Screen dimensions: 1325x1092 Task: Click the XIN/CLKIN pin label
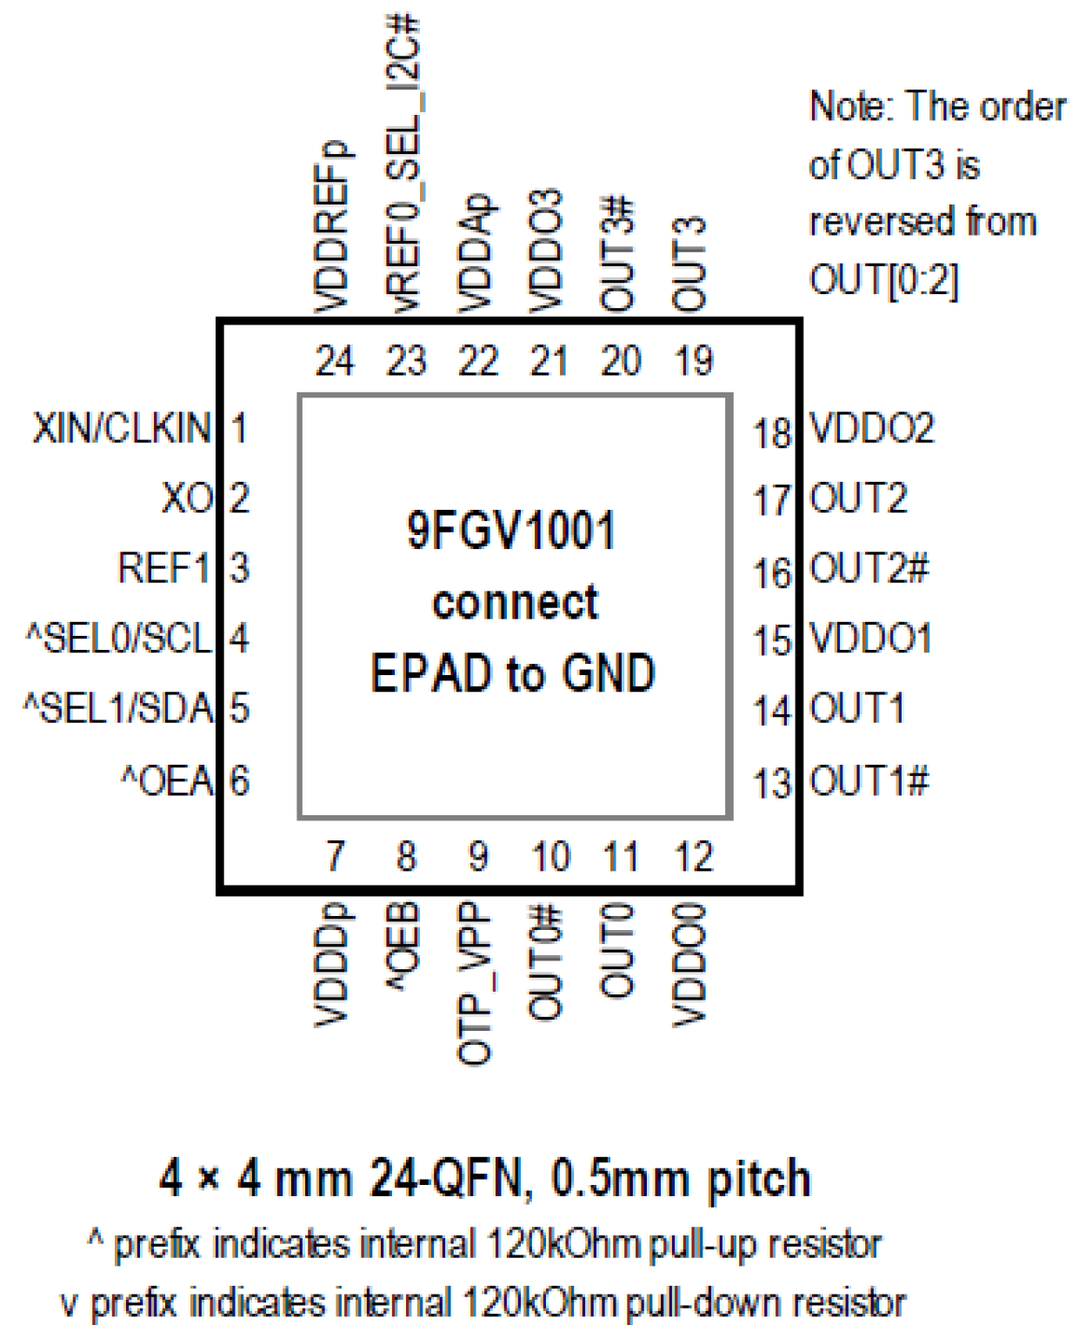[x=122, y=428]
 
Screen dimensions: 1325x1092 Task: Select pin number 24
[x=335, y=361]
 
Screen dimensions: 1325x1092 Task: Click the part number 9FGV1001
[x=511, y=531]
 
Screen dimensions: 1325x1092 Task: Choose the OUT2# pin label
[x=869, y=569]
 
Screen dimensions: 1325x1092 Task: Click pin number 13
[x=772, y=782]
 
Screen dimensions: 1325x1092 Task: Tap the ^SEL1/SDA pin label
[x=119, y=708]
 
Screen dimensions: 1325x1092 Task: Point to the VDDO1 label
[x=871, y=639]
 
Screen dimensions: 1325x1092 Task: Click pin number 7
[x=336, y=856]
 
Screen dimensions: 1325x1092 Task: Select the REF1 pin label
[x=164, y=568]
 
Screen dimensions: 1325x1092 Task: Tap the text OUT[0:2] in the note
[x=884, y=280]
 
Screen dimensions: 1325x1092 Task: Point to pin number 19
[x=693, y=361]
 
